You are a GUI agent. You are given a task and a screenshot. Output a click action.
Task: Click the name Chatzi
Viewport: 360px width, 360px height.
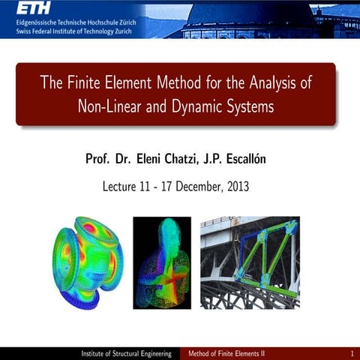coord(199,159)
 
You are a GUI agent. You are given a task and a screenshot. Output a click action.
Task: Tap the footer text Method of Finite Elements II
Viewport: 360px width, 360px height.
coord(231,353)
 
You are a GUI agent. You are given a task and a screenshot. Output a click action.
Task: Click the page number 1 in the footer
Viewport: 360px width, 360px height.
coord(351,353)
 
